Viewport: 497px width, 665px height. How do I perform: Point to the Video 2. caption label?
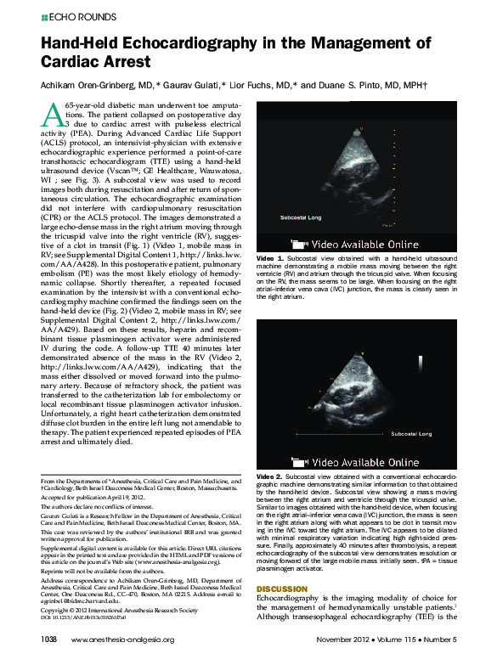click(x=270, y=477)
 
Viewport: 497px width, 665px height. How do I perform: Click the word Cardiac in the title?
click(x=74, y=63)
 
